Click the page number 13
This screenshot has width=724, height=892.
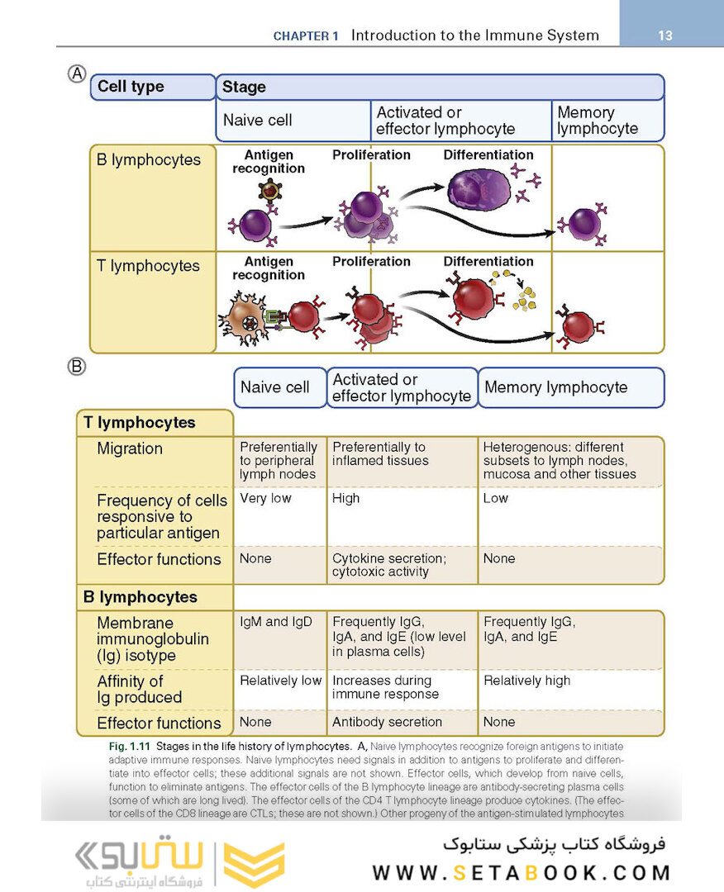tap(665, 36)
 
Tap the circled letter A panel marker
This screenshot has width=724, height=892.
tap(76, 74)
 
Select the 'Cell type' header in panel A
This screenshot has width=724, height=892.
tap(131, 87)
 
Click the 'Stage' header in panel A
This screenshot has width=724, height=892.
tap(244, 87)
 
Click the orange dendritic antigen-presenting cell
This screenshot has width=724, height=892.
tap(245, 318)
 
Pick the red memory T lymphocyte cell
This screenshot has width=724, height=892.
tap(579, 327)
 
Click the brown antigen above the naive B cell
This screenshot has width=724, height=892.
tap(269, 192)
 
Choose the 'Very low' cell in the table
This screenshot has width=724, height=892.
tap(265, 499)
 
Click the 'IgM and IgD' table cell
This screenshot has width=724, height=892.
tap(276, 622)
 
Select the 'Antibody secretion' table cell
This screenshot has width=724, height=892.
tap(387, 722)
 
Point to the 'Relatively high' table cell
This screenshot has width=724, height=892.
tap(526, 681)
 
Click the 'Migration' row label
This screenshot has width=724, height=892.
tap(130, 448)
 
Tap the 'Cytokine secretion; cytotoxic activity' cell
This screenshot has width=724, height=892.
tap(388, 565)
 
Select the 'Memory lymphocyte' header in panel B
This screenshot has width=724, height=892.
tap(555, 387)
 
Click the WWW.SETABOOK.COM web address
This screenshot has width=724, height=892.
tap(521, 873)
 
